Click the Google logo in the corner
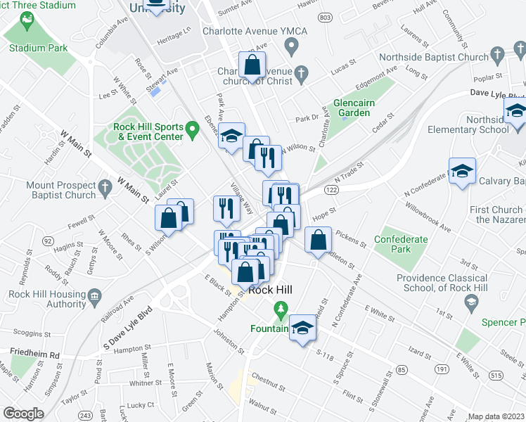click(23, 414)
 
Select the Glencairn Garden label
click(354, 107)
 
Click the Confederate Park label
click(401, 244)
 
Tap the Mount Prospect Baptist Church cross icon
click(105, 187)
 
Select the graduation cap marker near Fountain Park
click(302, 328)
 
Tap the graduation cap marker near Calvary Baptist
click(463, 171)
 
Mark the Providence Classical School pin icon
click(470, 301)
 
